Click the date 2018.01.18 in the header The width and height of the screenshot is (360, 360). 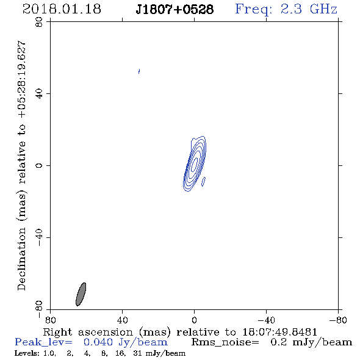coord(62,9)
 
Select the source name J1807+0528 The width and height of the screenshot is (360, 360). coord(175,10)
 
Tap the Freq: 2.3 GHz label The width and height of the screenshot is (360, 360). coord(286,9)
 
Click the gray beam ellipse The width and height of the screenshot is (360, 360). coord(81,294)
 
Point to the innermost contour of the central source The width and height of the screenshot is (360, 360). coord(195,164)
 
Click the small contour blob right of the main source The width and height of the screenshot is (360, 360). coord(203,181)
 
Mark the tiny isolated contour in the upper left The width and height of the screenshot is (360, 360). coord(139,71)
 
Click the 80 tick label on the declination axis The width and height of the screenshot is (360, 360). coord(39,22)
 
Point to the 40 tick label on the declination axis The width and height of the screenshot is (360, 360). coord(39,94)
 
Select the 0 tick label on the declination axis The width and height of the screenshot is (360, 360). coord(39,165)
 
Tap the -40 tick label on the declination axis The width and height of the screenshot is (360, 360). coord(39,237)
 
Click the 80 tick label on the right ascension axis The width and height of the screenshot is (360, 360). coord(50,320)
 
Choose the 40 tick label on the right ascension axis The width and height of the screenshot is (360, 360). coord(122,320)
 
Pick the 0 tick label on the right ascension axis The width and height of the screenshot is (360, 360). coord(194,320)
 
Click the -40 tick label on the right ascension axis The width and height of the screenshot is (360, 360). coord(266,320)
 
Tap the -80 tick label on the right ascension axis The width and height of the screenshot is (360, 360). coord(338,320)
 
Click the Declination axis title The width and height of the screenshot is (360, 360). coord(21,166)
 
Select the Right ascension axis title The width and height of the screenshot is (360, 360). coord(180,332)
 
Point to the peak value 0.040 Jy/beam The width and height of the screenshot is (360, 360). coord(126,342)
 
